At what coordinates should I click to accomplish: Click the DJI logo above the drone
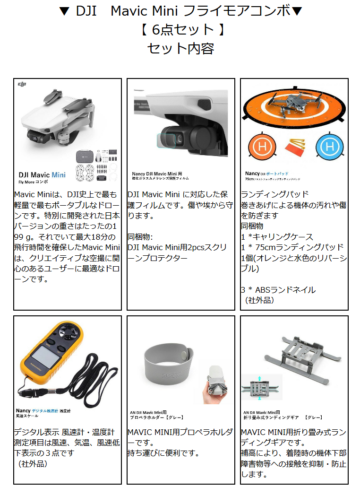coord(22,84)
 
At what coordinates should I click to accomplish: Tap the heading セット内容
coord(180,48)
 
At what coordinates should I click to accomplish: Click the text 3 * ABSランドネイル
coord(278,290)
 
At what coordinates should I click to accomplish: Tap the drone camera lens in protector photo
coord(180,138)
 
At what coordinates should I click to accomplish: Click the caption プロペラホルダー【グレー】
coord(157,417)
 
